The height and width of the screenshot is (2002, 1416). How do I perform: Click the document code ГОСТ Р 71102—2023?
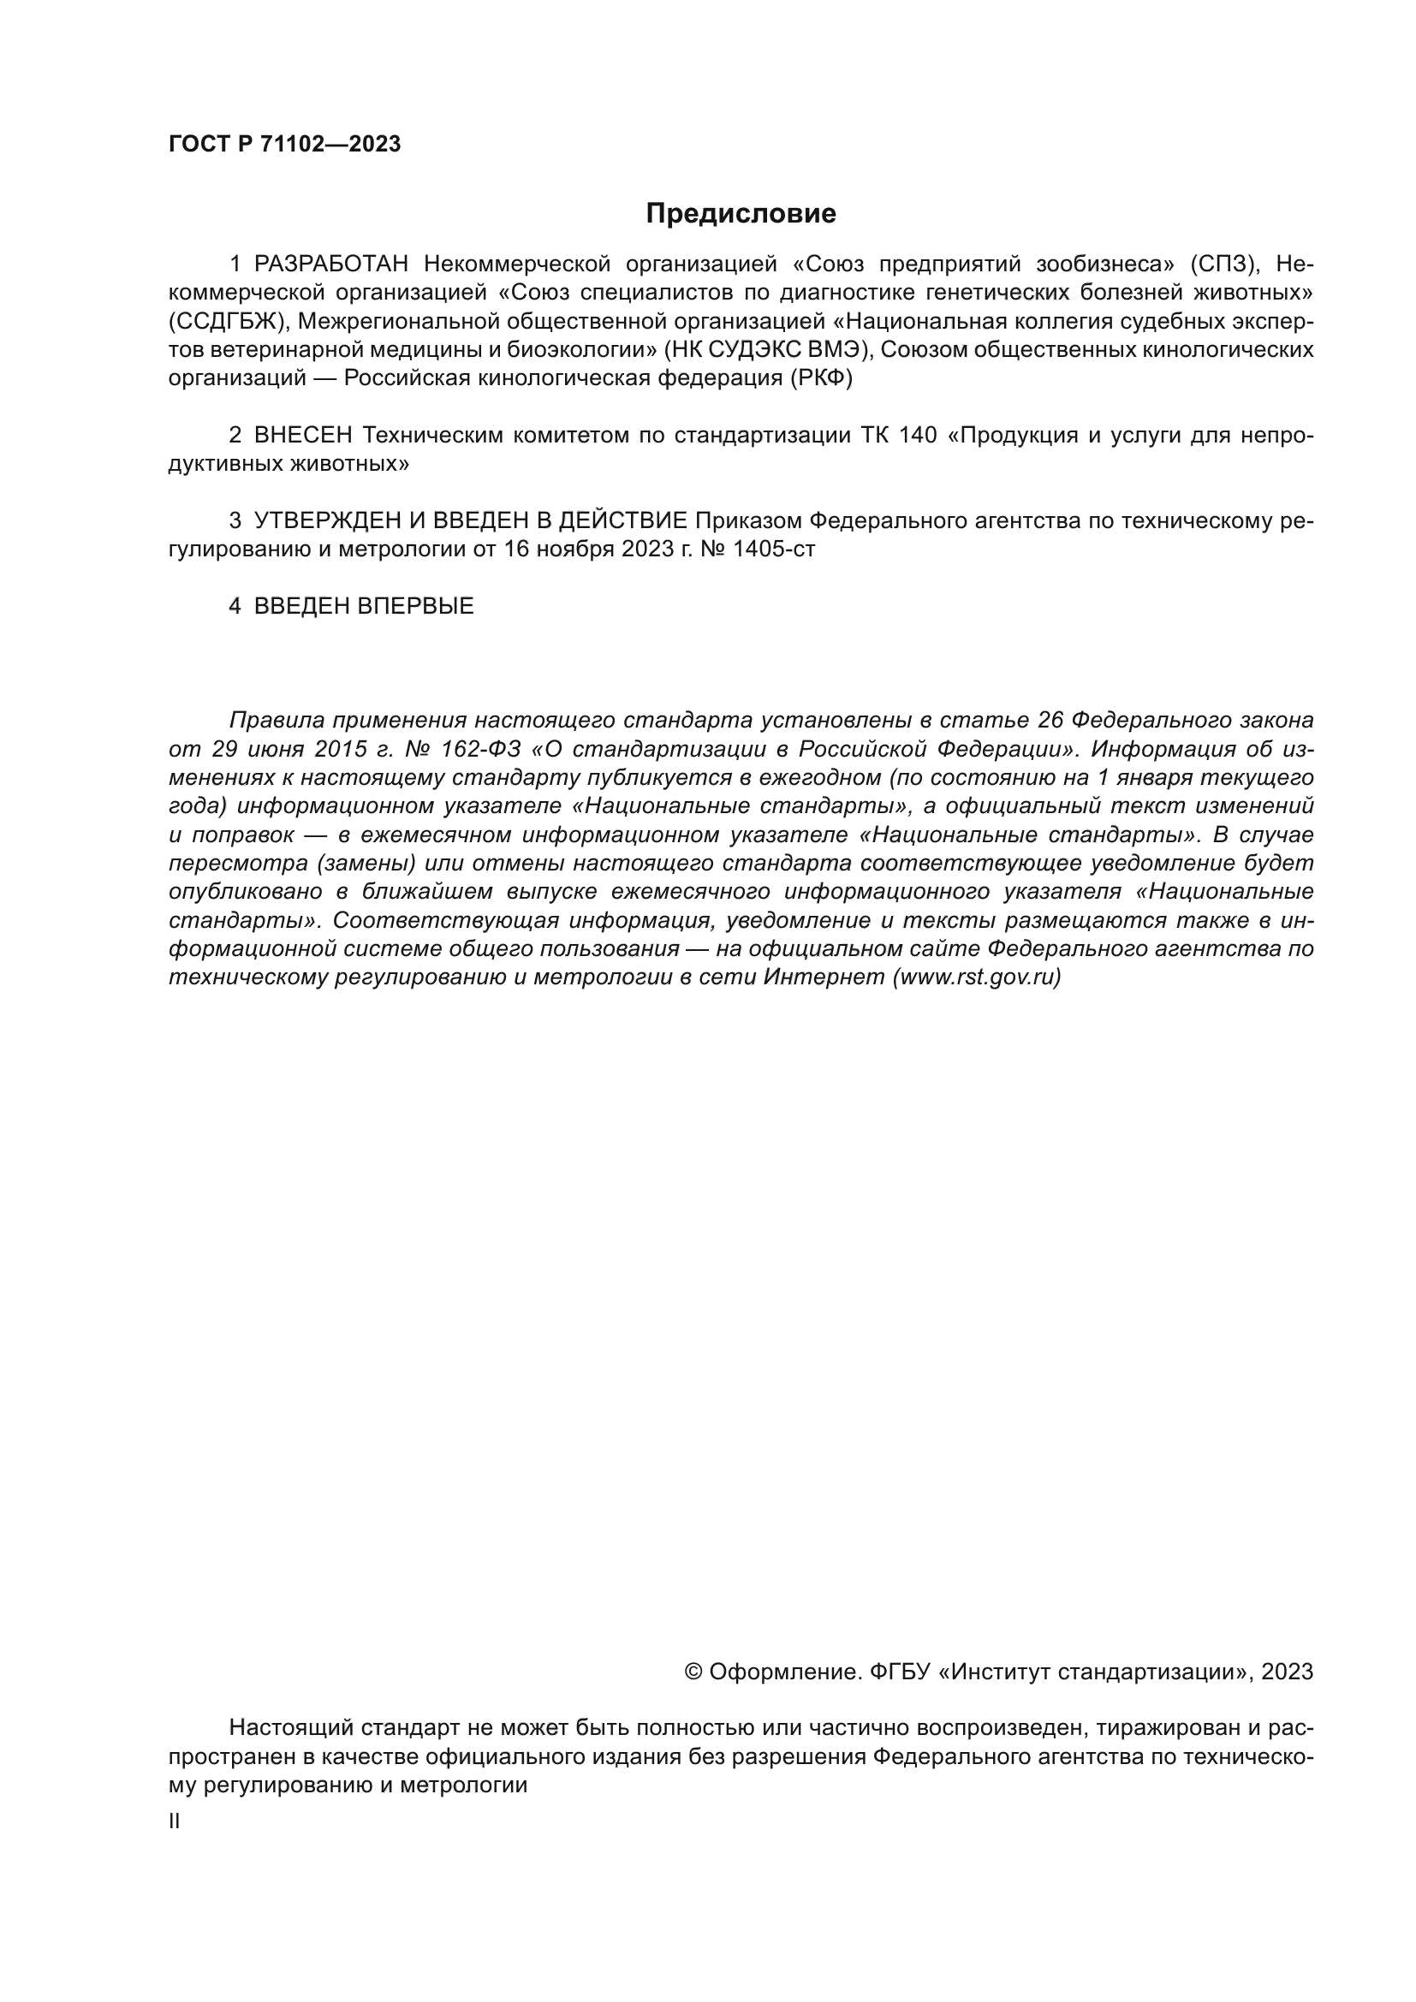click(284, 145)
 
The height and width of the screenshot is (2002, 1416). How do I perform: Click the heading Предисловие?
click(741, 214)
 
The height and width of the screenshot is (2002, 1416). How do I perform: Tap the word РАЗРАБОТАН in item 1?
click(331, 264)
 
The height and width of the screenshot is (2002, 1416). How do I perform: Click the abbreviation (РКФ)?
click(821, 378)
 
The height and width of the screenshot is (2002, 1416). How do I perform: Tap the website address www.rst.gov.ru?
click(976, 977)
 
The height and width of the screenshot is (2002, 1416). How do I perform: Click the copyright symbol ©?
click(693, 1672)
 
